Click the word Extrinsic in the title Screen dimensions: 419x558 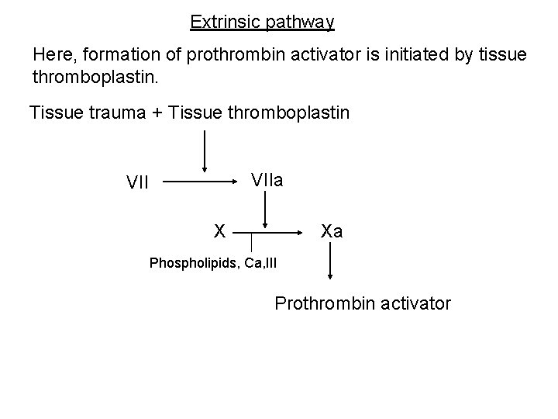point(225,22)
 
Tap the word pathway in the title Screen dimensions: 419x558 point(300,23)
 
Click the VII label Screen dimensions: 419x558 point(138,183)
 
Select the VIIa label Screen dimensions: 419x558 point(267,180)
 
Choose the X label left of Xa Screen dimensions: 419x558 point(220,230)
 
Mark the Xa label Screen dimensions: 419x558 point(332,230)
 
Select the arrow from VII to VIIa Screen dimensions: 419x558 point(201,183)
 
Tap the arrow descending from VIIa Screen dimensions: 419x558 point(267,209)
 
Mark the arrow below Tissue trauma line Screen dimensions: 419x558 point(205,151)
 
